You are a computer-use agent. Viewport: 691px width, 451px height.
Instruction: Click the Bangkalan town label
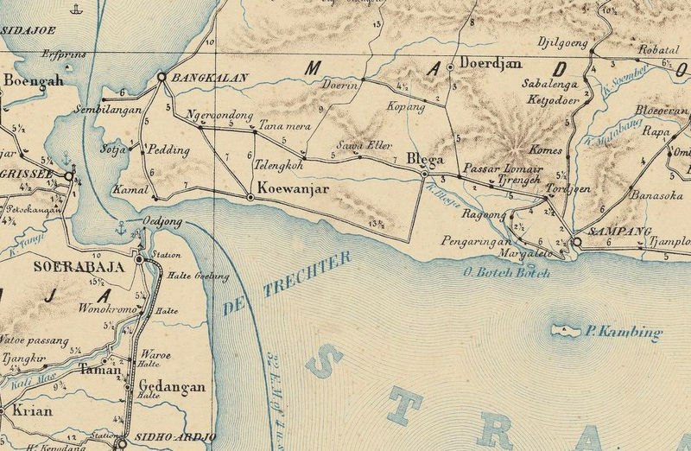tap(211, 78)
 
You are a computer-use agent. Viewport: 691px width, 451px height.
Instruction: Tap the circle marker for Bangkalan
tap(161, 78)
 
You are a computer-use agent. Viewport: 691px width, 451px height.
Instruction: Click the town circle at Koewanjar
tap(250, 198)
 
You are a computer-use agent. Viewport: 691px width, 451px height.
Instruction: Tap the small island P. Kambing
tap(567, 331)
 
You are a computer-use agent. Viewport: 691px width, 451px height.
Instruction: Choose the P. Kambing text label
tap(624, 332)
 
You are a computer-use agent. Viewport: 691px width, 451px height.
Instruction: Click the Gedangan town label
tap(172, 387)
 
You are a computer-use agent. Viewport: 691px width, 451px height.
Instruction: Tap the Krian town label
tap(33, 411)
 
